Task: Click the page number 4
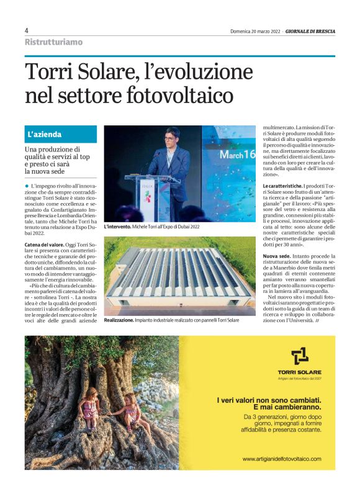pos(27,30)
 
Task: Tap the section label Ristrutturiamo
pos(53,42)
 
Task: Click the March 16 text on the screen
pos(236,154)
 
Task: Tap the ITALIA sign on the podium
pos(147,185)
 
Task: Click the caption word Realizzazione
pos(119,320)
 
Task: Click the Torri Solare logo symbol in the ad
pos(300,358)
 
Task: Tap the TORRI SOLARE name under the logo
pos(300,372)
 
